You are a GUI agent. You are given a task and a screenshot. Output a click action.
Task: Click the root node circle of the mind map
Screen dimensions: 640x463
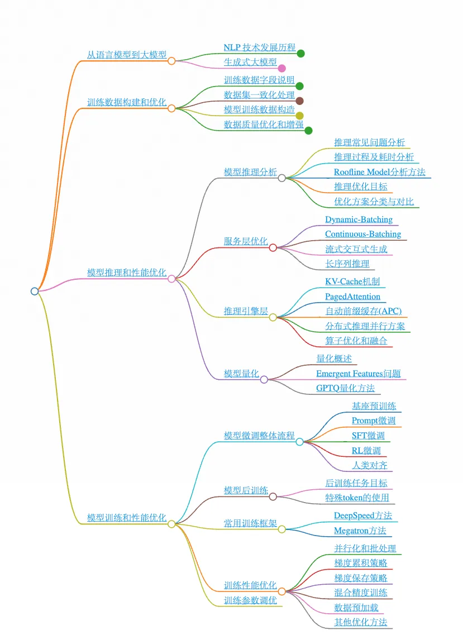click(35, 291)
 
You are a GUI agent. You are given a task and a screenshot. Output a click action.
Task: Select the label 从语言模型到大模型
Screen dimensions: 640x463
click(126, 55)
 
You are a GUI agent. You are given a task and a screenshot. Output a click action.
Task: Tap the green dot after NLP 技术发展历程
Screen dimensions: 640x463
click(300, 54)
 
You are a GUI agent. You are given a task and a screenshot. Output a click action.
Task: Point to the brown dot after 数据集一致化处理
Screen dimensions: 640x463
click(299, 101)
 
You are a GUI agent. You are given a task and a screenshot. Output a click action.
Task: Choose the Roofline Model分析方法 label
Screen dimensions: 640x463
click(379, 172)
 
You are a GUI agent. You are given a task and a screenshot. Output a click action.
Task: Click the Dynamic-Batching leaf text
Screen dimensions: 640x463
click(359, 219)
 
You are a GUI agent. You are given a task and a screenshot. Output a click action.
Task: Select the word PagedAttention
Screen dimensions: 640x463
click(352, 297)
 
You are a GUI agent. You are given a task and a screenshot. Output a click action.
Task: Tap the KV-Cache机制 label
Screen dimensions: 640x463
click(352, 281)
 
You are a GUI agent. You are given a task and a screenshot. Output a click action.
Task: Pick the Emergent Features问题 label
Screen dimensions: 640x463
click(358, 374)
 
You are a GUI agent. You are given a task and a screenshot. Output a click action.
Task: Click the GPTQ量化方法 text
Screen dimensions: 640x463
click(345, 388)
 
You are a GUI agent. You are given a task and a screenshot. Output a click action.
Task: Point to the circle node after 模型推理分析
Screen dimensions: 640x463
click(282, 178)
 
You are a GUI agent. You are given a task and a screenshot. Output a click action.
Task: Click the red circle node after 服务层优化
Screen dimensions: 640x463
click(273, 247)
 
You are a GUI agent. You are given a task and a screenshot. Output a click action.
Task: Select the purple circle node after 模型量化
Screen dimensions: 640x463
click(264, 380)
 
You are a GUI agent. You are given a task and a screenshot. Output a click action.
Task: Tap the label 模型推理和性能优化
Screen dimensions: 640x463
click(126, 273)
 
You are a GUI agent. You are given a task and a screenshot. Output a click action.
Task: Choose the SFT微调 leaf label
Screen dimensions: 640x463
click(368, 436)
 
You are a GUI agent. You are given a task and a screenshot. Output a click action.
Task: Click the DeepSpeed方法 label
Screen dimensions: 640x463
click(362, 515)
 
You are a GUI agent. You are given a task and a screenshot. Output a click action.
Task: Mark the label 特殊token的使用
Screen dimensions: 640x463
click(357, 498)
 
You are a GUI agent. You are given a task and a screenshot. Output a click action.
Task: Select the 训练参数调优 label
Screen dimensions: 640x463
click(250, 600)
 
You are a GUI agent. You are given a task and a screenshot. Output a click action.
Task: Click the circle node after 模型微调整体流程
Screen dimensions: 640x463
click(300, 442)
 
